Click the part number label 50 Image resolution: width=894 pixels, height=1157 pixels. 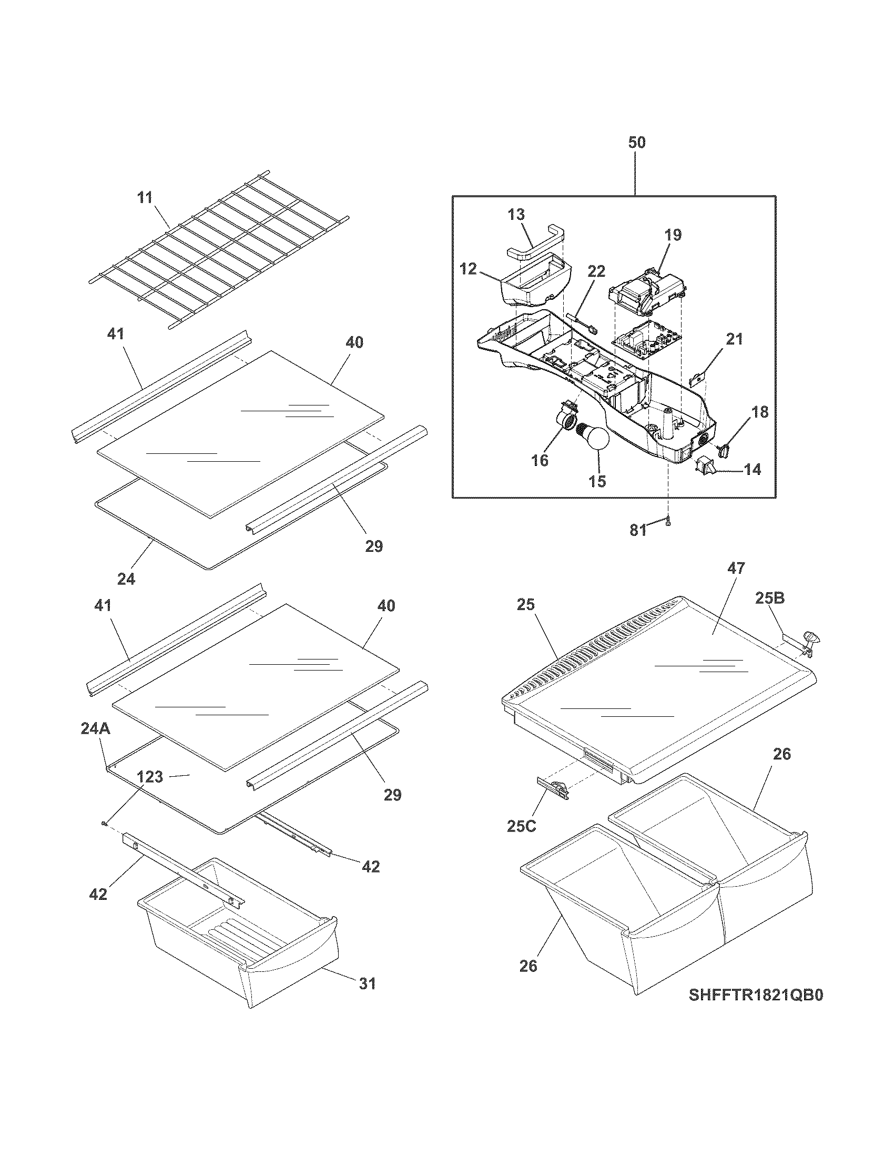tap(637, 143)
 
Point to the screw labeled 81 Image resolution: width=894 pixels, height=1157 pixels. tap(668, 521)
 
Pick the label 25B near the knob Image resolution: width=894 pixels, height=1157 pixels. tap(769, 598)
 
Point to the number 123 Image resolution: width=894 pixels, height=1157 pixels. tap(150, 777)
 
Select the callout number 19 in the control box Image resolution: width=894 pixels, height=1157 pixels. tap(674, 235)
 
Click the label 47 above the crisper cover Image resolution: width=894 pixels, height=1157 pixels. tap(736, 569)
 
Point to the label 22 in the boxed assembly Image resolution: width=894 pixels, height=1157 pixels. tap(596, 271)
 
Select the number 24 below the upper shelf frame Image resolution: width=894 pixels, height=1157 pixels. tap(126, 579)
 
